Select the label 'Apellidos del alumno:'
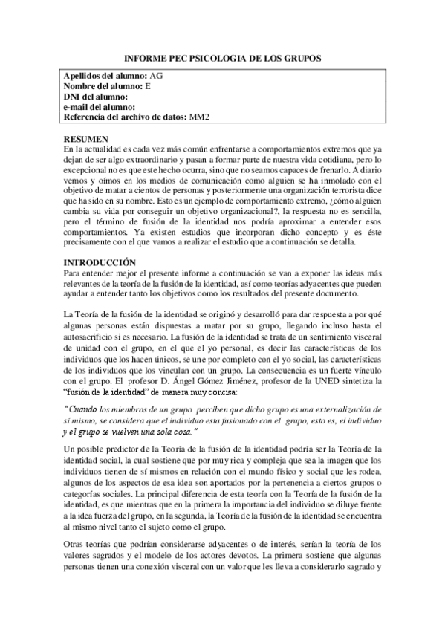coord(105,76)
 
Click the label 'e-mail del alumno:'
coord(99,106)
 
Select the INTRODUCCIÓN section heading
coord(100,262)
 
